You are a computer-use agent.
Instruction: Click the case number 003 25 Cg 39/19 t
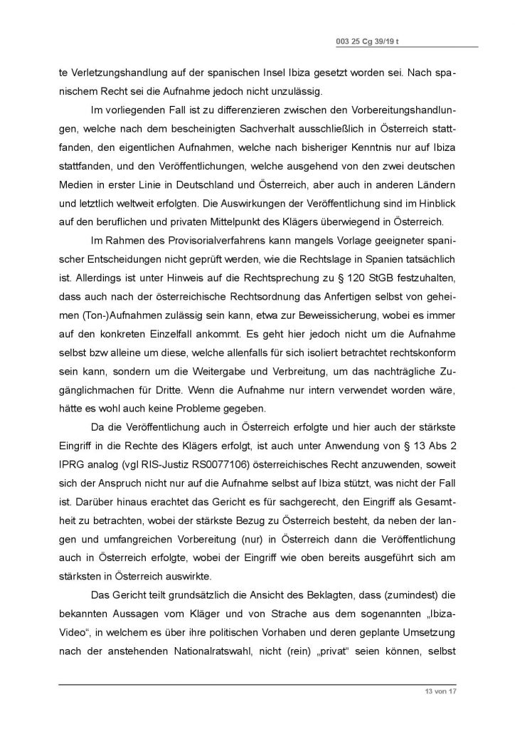[x=368, y=42]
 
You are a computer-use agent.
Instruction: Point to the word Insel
[x=260, y=73]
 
